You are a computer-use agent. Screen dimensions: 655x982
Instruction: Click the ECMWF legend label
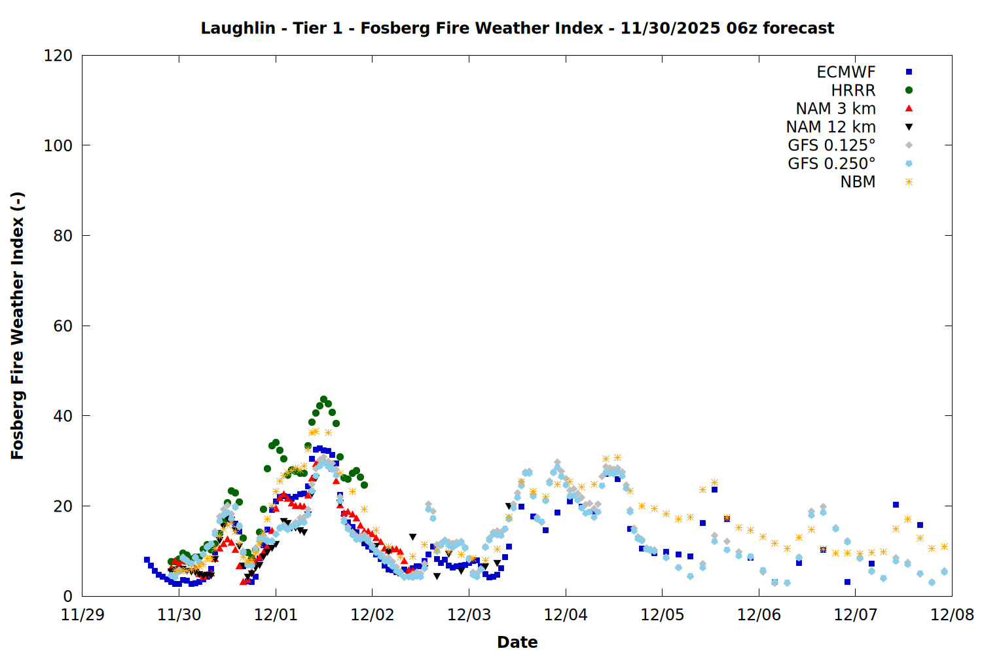pos(846,72)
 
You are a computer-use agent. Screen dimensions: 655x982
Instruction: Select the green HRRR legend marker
pos(909,90)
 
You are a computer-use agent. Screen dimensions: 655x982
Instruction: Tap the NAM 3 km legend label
pos(835,109)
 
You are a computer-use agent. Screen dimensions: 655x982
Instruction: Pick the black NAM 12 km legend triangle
pos(909,127)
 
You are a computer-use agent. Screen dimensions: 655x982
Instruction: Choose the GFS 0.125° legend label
pos(831,145)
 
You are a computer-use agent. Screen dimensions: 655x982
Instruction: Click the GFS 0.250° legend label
pos(831,164)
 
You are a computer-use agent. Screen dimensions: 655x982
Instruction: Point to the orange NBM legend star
pos(909,182)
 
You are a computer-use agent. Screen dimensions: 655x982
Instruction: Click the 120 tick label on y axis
pos(58,56)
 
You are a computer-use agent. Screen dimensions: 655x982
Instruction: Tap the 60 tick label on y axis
pos(63,326)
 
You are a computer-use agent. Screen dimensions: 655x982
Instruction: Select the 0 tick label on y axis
pos(68,597)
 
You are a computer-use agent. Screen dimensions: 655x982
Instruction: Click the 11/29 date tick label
pos(82,616)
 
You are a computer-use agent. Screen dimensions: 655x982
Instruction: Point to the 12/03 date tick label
pos(469,616)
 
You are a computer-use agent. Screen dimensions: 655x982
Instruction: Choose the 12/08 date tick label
pos(952,616)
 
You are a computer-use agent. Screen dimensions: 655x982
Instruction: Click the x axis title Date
pos(517,643)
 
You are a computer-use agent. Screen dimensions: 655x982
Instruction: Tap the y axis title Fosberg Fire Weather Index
pos(18,326)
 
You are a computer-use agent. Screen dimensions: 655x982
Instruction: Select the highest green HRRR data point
pos(324,400)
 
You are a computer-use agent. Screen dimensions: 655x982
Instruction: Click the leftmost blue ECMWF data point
pos(147,560)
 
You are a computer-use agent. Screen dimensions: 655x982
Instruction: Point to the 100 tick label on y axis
pos(58,145)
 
